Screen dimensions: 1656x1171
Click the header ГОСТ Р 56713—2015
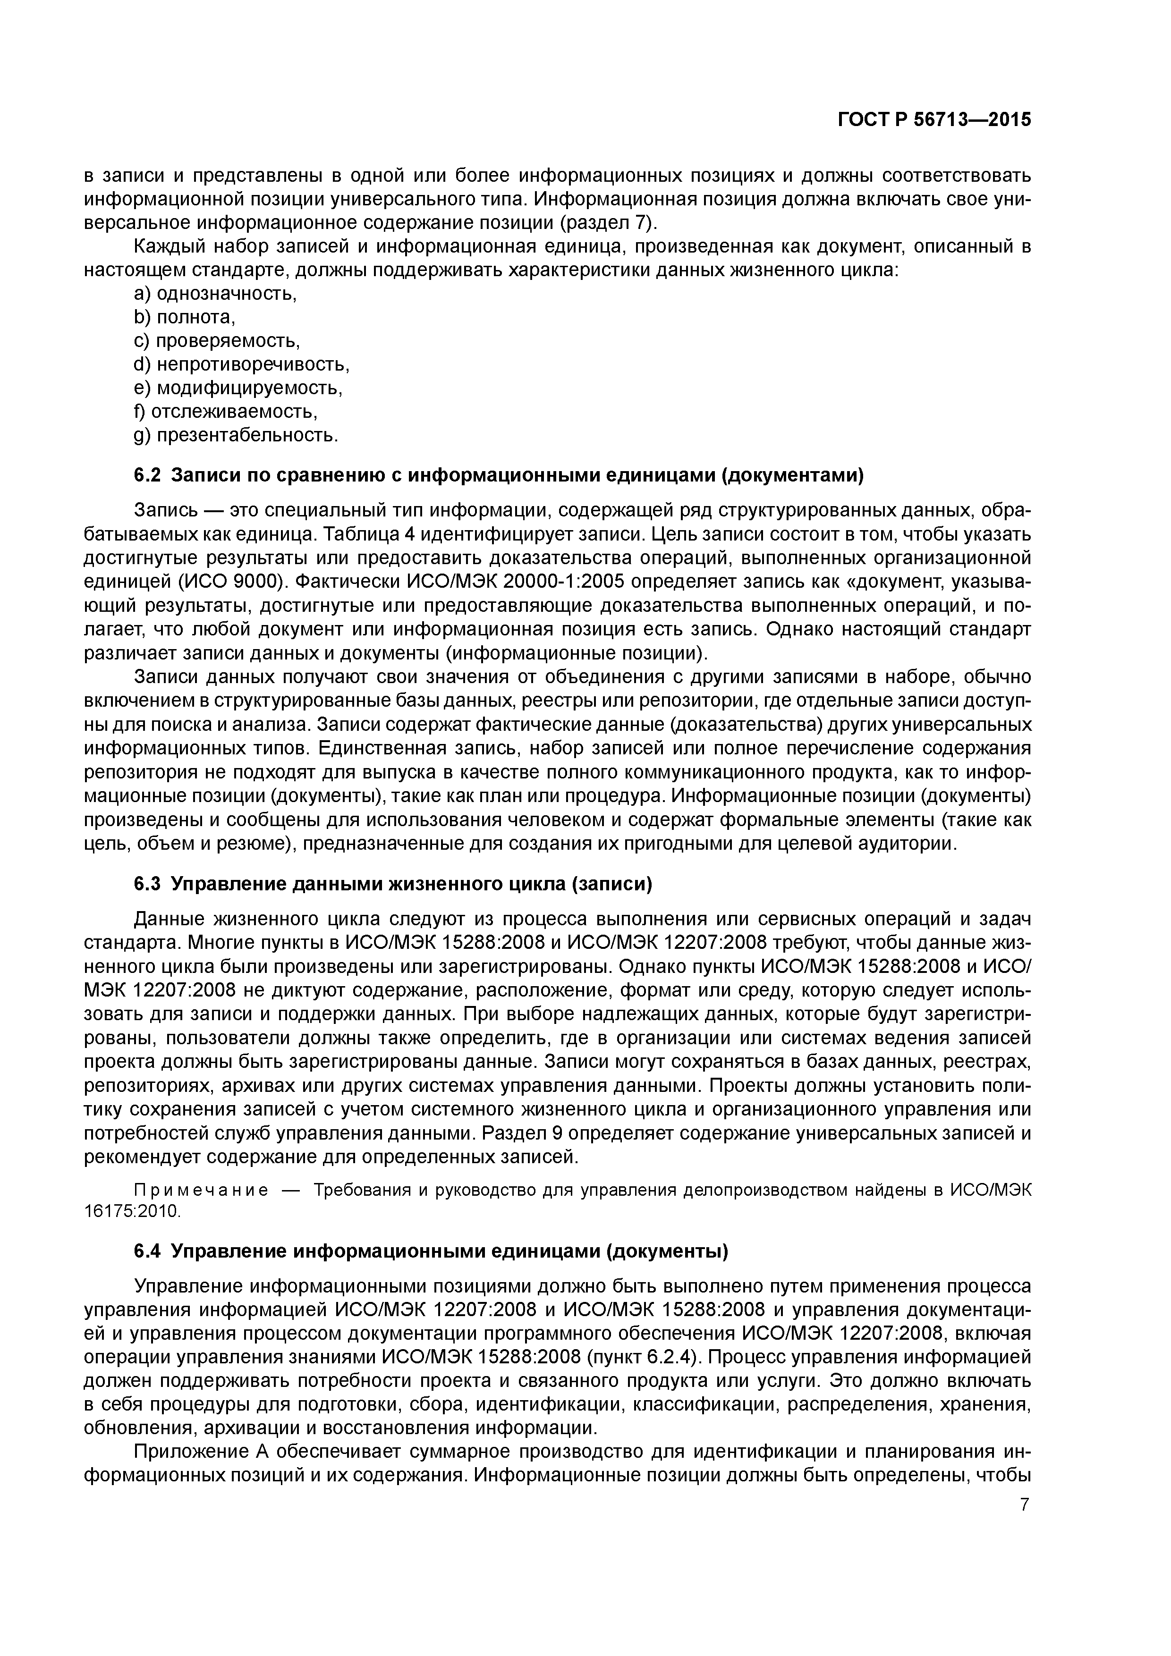[x=934, y=120]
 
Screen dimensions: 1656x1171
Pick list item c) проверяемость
[x=217, y=341]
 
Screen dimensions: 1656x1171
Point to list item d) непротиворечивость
[x=242, y=365]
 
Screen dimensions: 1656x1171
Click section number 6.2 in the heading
[x=148, y=475]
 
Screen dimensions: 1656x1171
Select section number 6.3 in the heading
[x=148, y=884]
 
